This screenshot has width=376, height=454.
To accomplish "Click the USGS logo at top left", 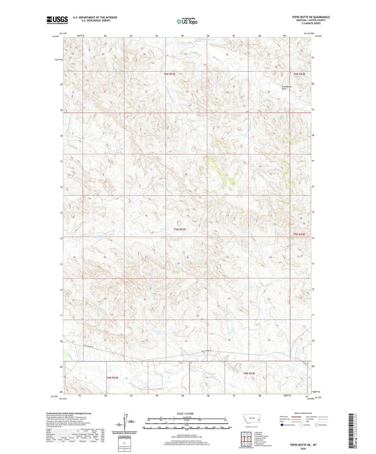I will click(57, 20).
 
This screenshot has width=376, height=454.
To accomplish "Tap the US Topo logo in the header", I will click(187, 21).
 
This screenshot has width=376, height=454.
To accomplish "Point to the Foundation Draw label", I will click(286, 88).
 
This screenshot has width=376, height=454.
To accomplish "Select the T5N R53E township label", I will click(180, 230).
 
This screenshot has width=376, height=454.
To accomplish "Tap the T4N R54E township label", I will click(249, 373).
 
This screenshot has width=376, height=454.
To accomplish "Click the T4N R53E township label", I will click(112, 378).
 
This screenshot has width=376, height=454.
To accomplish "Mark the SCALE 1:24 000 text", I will click(185, 413).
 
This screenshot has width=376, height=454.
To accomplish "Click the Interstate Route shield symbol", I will click(282, 425).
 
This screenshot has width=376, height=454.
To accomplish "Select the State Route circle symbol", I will click(316, 425).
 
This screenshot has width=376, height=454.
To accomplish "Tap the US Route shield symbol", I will click(301, 425).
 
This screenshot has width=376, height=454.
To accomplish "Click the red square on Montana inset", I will click(258, 420).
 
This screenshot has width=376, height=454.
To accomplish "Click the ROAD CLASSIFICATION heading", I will click(303, 413).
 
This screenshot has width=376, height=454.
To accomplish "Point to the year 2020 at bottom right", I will click(303, 449).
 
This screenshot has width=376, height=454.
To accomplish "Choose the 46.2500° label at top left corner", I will click(55, 36).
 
